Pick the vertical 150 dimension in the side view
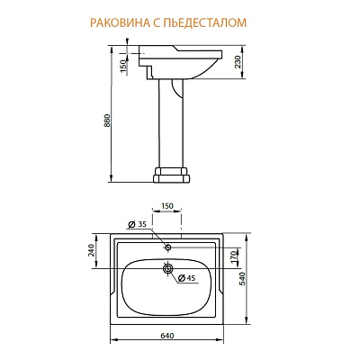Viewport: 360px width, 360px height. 122,65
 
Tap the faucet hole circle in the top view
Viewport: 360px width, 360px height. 167,245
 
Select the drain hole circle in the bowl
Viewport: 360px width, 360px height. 167,267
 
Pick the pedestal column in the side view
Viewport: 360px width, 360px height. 175,121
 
